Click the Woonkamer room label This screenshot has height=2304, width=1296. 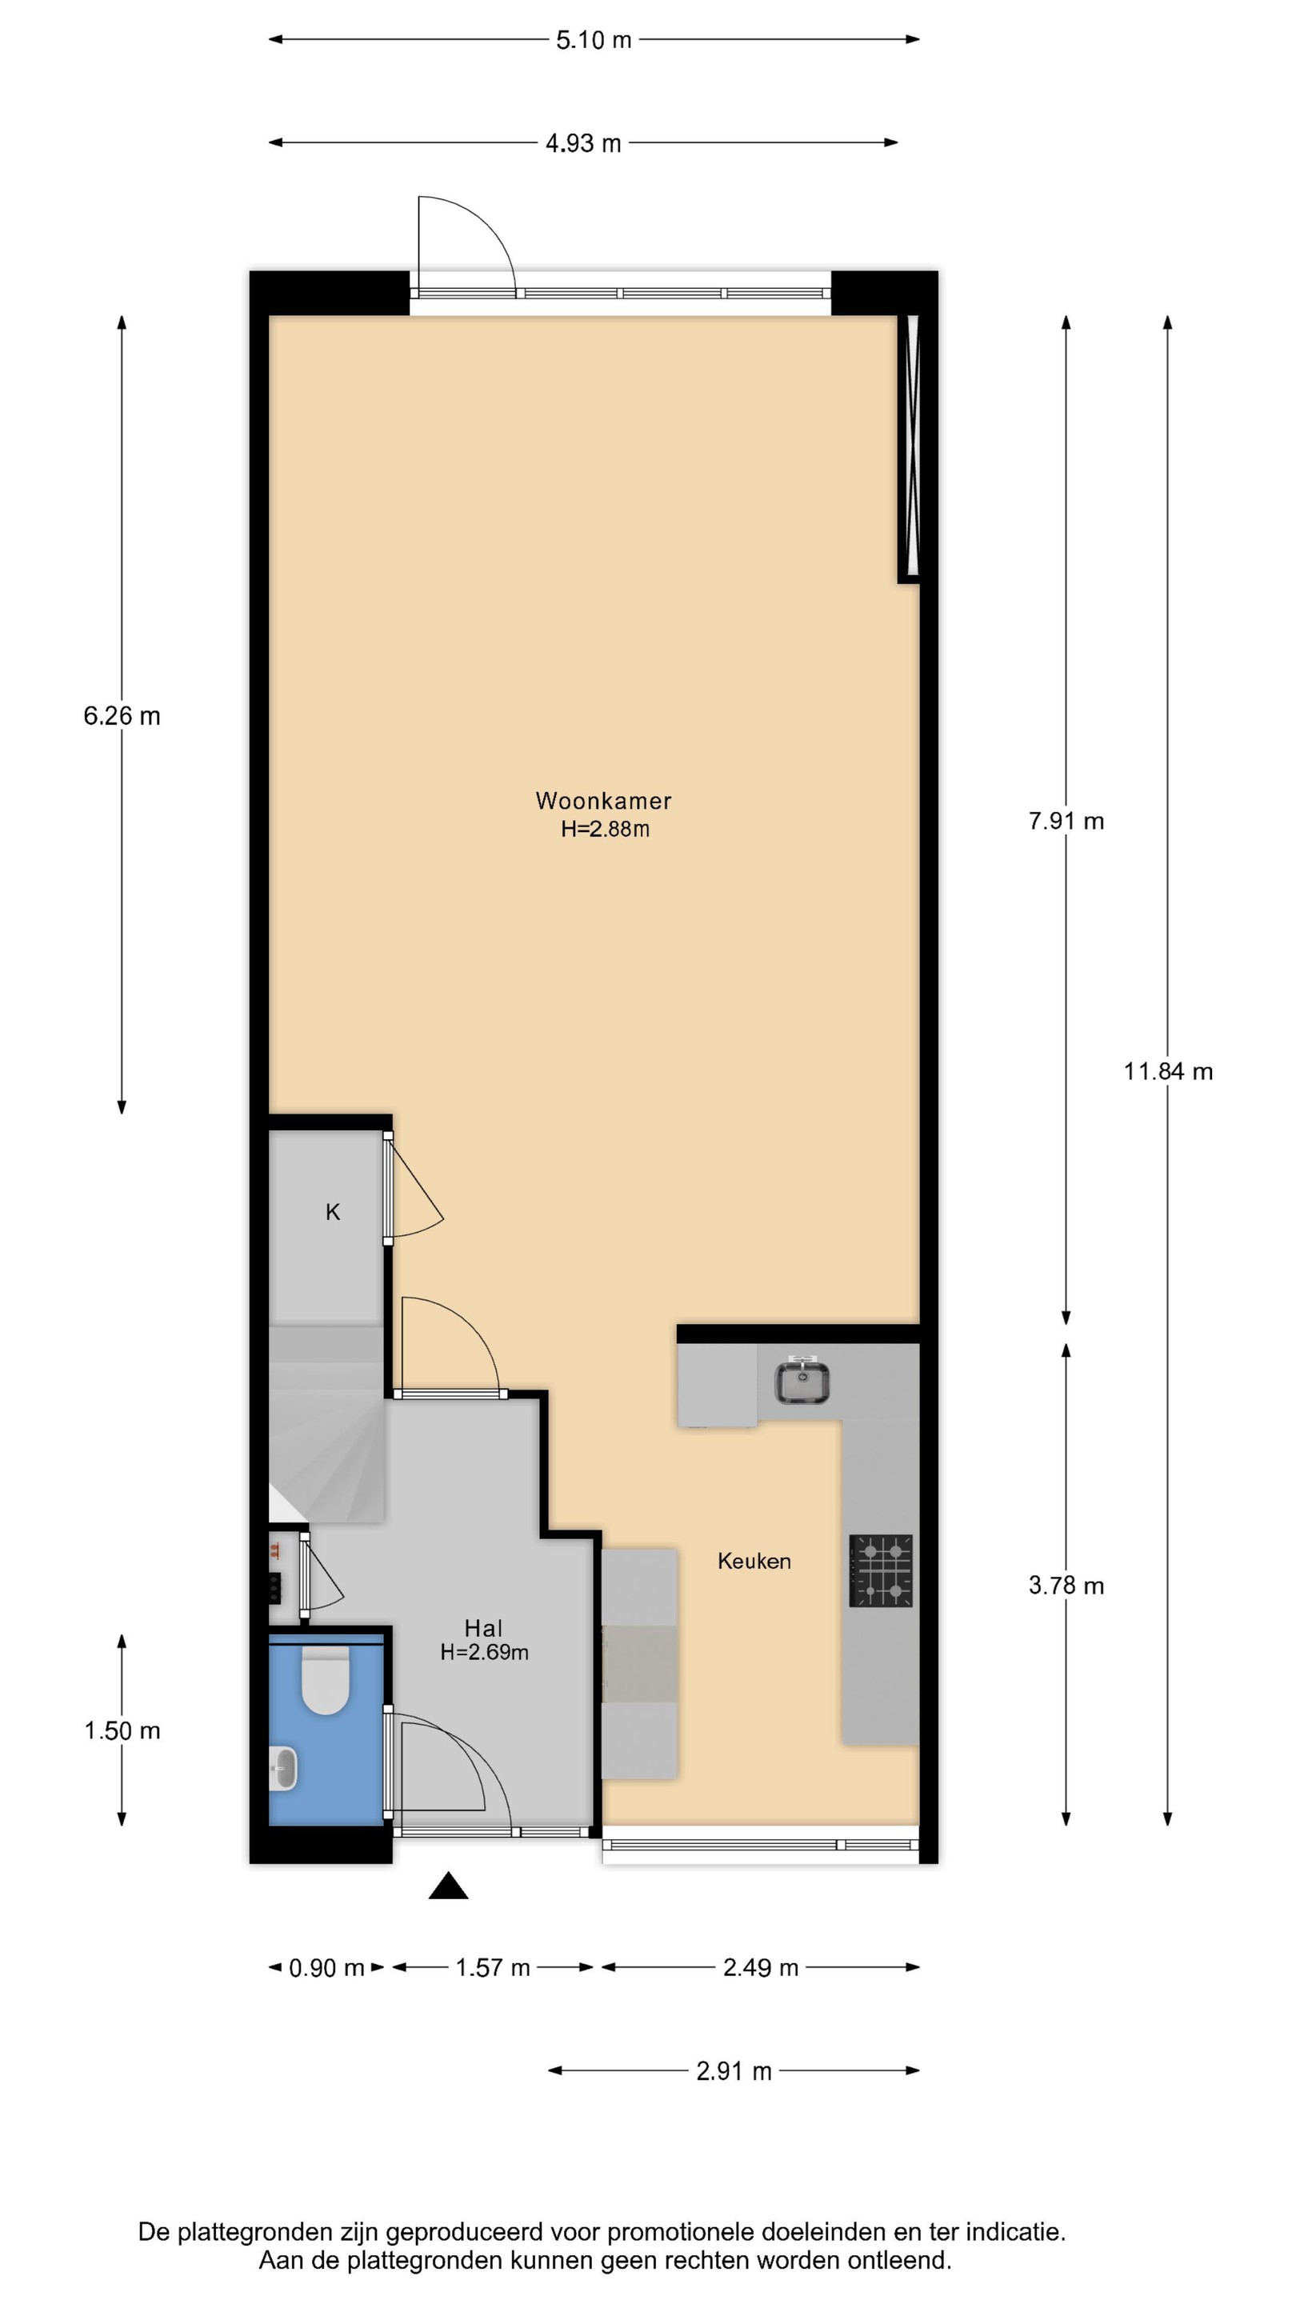(603, 801)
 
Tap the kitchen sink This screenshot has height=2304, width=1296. (802, 1380)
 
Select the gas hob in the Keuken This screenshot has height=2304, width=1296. (881, 1570)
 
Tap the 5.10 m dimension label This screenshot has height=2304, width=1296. (593, 40)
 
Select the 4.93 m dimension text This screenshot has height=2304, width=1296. (583, 143)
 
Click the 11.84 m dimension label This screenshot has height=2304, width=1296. (1168, 1070)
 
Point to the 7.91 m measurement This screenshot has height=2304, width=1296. (1066, 820)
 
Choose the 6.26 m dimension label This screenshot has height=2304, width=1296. (122, 715)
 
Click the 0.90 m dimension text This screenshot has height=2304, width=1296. (326, 1968)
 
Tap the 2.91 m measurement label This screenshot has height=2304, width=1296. (734, 2070)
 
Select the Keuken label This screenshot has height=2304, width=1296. (754, 1561)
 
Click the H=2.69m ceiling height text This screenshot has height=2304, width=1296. (484, 1652)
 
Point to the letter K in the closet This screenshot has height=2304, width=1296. (333, 1212)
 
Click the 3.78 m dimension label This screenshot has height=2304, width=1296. (1066, 1585)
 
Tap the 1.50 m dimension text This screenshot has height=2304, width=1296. (122, 1730)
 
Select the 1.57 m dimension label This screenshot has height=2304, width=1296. (493, 1968)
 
